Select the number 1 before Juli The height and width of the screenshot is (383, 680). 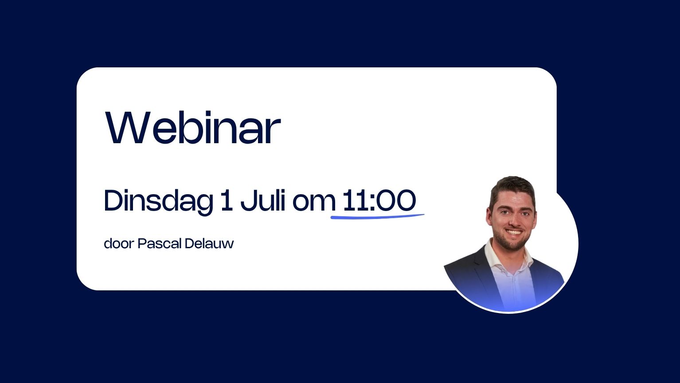tap(227, 200)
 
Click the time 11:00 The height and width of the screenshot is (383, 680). tap(379, 200)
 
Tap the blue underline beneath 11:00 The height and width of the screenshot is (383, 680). tap(377, 217)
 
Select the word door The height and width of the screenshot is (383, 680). tap(119, 243)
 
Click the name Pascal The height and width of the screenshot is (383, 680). tap(160, 243)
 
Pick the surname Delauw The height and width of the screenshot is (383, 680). tap(209, 243)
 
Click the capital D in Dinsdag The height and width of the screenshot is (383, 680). tap(113, 200)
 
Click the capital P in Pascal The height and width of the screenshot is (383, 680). tap(142, 243)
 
